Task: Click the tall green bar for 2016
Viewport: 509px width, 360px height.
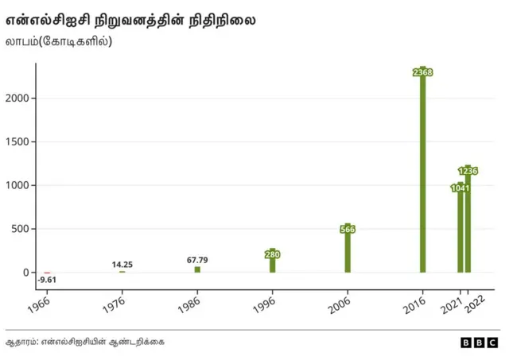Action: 423,175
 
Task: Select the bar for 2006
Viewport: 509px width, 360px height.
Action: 348,253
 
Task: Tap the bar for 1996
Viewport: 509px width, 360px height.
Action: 272,264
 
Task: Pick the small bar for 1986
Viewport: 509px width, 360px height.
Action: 197,269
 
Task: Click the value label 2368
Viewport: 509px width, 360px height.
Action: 423,72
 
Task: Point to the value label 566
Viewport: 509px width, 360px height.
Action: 348,230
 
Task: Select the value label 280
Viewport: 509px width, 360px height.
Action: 272,254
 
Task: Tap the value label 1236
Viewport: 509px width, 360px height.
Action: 468,171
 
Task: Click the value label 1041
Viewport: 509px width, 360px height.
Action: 460,188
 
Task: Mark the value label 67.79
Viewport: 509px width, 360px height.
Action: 197,260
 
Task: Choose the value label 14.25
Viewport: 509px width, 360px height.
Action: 122,265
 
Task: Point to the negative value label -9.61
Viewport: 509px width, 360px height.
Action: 47,281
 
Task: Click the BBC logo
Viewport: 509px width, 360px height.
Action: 479,343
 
